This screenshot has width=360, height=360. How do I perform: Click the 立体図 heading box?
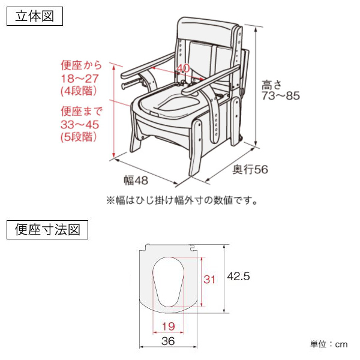34,16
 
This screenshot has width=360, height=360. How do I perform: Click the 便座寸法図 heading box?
47,229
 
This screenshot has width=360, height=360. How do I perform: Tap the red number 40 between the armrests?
184,68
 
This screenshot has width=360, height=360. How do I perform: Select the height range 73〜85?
280,96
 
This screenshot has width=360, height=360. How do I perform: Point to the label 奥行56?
250,170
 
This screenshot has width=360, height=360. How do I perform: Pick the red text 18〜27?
79,78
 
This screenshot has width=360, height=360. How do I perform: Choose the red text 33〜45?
79,124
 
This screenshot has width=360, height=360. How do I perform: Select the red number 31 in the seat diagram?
209,279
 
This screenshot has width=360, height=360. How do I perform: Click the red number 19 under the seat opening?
169,326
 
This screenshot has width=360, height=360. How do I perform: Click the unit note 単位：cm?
329,344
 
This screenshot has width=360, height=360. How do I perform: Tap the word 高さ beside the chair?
271,83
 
